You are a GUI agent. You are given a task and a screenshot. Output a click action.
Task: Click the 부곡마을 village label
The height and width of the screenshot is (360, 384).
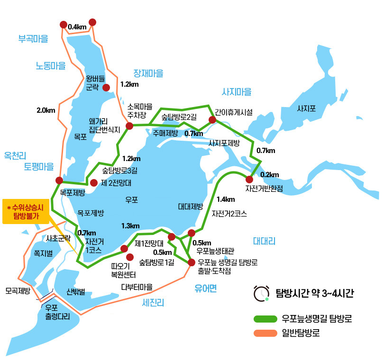point(33,39)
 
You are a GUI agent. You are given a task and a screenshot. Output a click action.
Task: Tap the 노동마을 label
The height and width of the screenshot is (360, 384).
point(51,66)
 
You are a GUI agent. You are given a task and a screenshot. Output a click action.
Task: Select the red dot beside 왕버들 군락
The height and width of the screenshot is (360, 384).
point(106,87)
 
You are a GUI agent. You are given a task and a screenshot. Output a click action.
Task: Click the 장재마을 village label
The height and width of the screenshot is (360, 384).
point(148,73)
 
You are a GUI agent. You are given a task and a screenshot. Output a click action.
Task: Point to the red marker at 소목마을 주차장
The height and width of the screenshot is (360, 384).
point(129,126)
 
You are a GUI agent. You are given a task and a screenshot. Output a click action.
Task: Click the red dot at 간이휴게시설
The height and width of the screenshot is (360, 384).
point(212,120)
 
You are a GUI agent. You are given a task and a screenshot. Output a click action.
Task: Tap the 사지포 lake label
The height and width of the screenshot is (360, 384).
point(306,108)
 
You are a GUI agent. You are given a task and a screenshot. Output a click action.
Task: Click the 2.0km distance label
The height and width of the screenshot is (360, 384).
point(46,110)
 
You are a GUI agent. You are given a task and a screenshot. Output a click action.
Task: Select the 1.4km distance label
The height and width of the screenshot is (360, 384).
point(225,199)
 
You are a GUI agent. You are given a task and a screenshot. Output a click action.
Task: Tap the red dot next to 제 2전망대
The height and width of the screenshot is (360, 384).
point(93,182)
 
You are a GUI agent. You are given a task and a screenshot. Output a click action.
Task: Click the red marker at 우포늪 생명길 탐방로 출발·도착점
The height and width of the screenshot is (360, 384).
point(191,262)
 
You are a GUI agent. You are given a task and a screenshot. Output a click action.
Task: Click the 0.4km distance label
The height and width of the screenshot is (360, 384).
point(77,27)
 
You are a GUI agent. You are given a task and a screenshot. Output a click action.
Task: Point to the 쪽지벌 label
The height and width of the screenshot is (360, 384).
point(43,253)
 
